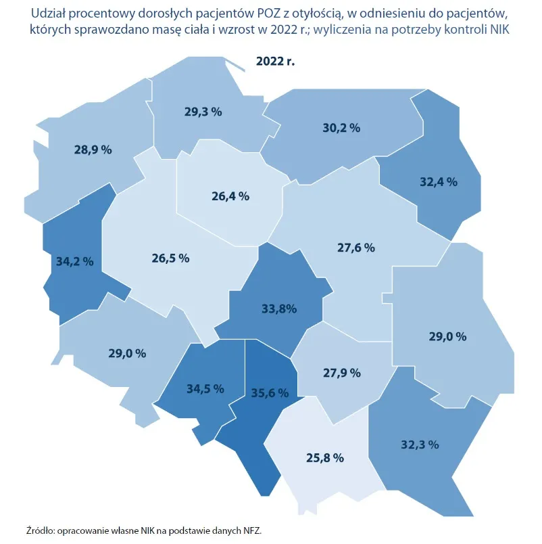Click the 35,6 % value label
[x=270, y=392]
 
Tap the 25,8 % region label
[x=325, y=458]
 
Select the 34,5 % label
[x=205, y=388]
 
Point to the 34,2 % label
[x=74, y=260]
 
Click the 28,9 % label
[x=93, y=150]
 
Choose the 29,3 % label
[x=203, y=112]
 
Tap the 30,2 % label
[x=341, y=127]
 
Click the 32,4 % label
[x=439, y=182]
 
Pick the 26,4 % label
[x=230, y=196]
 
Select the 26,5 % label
[x=170, y=258]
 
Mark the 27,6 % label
[x=355, y=248]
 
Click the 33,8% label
[x=279, y=309]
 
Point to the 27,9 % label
[x=341, y=373]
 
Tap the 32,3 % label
[x=420, y=445]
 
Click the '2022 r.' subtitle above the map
[x=275, y=60]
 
